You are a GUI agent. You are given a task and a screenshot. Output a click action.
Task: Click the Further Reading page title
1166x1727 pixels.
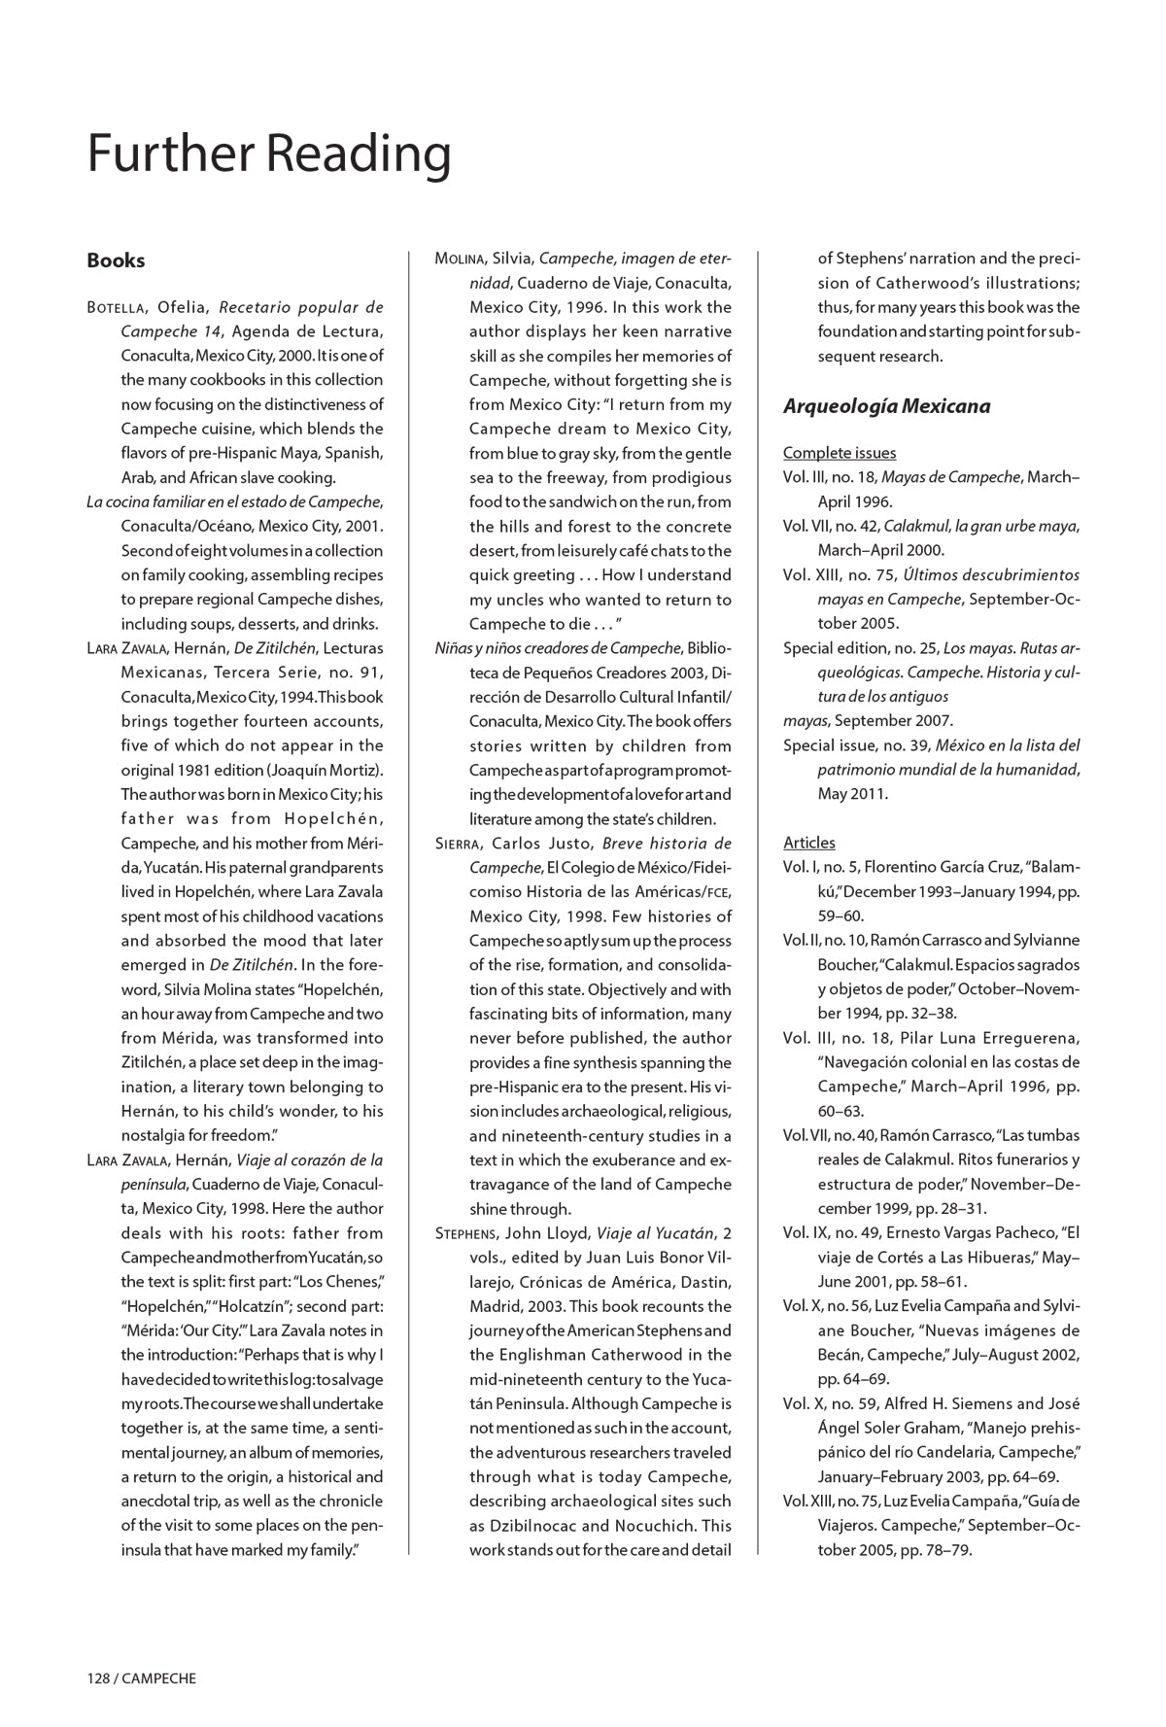[269, 155]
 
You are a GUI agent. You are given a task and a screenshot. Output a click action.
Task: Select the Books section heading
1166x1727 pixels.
[116, 260]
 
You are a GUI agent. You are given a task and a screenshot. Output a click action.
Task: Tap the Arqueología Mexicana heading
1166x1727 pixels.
[886, 406]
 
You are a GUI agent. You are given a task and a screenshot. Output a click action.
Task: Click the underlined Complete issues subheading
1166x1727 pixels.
[840, 453]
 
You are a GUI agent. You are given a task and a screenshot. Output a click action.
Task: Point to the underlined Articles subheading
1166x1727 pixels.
[808, 843]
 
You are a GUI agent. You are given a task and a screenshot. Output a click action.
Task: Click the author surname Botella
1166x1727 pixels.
[116, 308]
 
